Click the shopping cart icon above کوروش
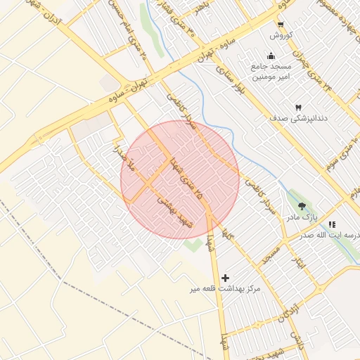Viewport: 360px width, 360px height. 281,22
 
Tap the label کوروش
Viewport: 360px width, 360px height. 281,34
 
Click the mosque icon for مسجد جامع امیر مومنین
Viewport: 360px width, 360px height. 271,56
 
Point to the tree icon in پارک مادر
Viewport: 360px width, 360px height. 302,206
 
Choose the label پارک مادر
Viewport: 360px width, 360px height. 301,218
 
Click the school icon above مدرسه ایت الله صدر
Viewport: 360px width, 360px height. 332,224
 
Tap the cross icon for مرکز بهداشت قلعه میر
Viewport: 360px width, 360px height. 225,278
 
